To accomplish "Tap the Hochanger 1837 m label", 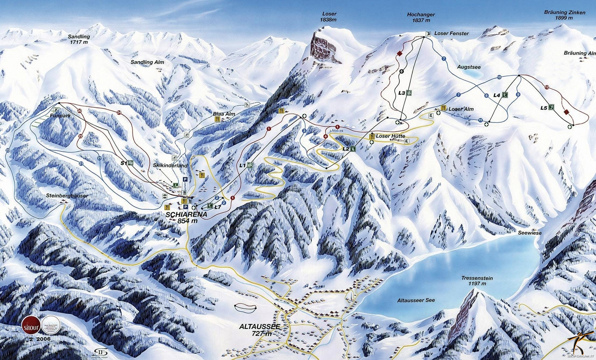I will click(x=421, y=17).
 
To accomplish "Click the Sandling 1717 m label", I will click(x=79, y=39).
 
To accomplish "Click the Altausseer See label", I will click(x=416, y=300).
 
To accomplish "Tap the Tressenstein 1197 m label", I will click(x=477, y=281).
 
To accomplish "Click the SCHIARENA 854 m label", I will click(x=186, y=218).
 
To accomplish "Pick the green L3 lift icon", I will click(x=409, y=93).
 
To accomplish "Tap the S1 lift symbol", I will click(x=131, y=163).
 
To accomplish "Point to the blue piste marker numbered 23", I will click(x=7, y=151).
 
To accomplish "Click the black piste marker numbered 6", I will click(x=401, y=72).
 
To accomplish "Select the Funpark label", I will click(x=60, y=116).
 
